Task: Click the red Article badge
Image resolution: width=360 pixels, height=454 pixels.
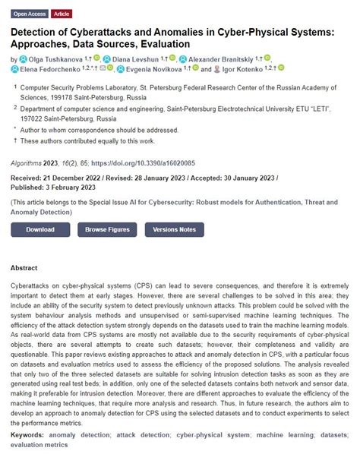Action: click(x=62, y=14)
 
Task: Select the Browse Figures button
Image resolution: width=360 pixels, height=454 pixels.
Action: click(x=107, y=229)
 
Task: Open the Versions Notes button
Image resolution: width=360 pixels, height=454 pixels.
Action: click(x=174, y=229)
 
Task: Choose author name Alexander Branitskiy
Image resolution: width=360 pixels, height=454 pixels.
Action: click(x=221, y=59)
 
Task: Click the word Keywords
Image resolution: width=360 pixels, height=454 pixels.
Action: click(x=28, y=436)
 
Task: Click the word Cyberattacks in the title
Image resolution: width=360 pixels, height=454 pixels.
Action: click(x=97, y=33)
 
